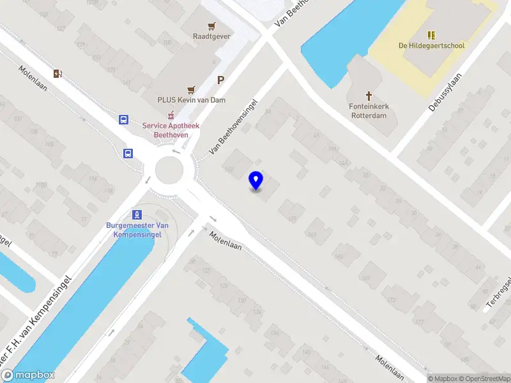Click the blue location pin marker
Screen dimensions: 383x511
tap(256, 181)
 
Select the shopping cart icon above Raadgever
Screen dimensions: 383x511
tap(211, 26)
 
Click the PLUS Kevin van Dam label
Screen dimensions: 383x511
tap(192, 100)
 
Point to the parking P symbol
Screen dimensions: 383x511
tap(221, 80)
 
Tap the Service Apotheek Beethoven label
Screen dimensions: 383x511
tap(171, 130)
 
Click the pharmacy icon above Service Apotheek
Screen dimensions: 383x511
tap(171, 116)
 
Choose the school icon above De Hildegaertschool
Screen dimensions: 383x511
tap(431, 34)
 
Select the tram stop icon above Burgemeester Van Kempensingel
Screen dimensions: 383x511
tap(136, 214)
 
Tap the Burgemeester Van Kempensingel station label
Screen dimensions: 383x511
tap(137, 230)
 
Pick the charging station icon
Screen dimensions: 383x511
tap(58, 73)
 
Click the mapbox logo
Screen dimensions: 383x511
tap(28, 375)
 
